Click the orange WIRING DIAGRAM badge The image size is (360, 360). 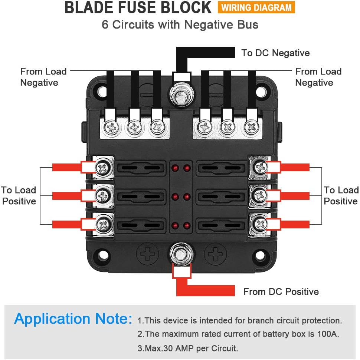[x=256, y=7]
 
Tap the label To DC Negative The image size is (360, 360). [x=275, y=53]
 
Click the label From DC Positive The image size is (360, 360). [x=281, y=292]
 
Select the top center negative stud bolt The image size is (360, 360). [x=181, y=93]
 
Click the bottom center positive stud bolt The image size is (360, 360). [x=181, y=254]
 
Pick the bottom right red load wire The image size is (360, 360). [x=295, y=224]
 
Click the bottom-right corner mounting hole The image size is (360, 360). [x=262, y=256]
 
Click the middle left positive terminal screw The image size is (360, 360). [x=102, y=195]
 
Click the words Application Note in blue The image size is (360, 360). [x=73, y=319]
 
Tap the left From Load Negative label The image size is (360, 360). [x=43, y=77]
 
